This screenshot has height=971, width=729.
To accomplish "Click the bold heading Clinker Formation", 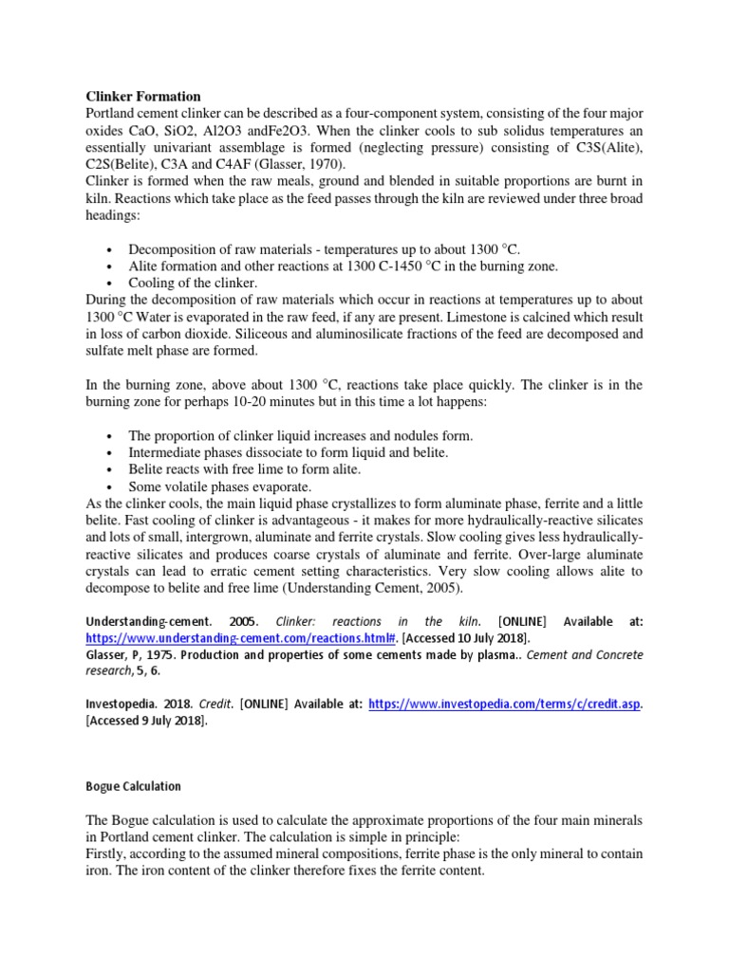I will click(x=143, y=97).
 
